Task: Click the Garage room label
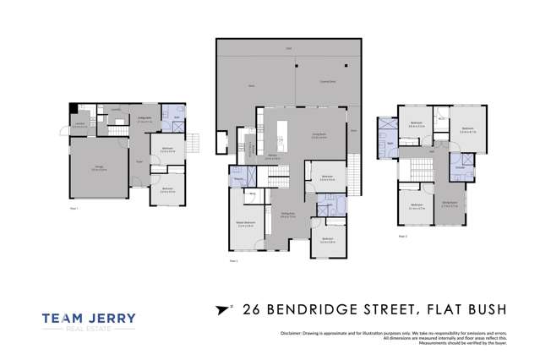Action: point(98,170)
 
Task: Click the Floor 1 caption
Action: point(74,208)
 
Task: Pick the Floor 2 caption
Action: point(232,261)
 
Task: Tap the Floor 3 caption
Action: point(401,237)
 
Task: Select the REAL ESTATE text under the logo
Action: point(89,332)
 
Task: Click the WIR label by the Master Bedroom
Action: point(252,194)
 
